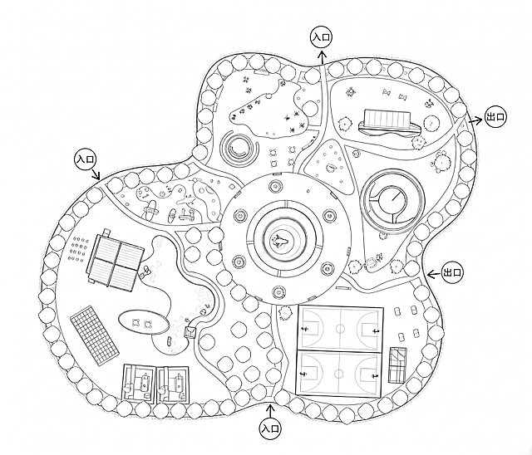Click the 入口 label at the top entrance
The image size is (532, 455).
[x=322, y=37]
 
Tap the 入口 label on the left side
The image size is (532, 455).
[x=86, y=159]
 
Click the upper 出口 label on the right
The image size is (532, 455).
[x=495, y=117]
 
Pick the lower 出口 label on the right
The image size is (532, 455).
[x=452, y=272]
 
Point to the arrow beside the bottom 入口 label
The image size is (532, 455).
[x=270, y=411]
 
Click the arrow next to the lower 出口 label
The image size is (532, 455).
[x=434, y=274]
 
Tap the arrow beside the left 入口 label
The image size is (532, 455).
[x=96, y=174]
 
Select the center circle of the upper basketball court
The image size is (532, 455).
[x=340, y=329]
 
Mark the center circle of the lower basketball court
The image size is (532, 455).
[x=338, y=374]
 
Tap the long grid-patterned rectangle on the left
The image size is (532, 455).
[x=95, y=335]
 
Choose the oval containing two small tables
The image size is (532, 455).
[x=144, y=322]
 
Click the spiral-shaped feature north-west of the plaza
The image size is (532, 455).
[x=239, y=147]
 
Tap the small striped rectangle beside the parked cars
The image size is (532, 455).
[x=398, y=364]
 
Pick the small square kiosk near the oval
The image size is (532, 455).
[x=190, y=332]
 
